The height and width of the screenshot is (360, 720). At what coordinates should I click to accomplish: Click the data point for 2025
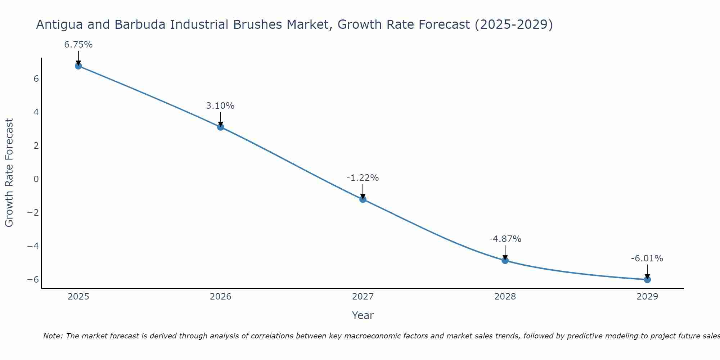tap(78, 66)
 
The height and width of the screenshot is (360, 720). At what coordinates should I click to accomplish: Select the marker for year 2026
tap(221, 127)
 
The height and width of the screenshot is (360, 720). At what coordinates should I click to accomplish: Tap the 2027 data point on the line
tap(363, 199)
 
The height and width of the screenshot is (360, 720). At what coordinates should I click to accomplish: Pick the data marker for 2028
tap(505, 260)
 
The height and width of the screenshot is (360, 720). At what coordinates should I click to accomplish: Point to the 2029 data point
tap(647, 279)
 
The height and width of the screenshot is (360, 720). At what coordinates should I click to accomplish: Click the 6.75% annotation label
tap(78, 45)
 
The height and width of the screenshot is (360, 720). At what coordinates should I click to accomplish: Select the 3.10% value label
tap(220, 106)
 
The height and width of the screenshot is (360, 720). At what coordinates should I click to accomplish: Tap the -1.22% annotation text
tap(363, 178)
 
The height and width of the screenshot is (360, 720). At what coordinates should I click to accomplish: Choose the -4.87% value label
tap(505, 239)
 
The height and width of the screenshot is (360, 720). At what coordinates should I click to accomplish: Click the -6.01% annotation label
tap(647, 258)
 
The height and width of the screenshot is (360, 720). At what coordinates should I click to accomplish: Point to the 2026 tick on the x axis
tap(221, 297)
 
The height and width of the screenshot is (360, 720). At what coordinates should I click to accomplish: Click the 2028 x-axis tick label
tap(505, 297)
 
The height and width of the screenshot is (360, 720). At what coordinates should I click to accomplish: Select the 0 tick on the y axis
tap(36, 179)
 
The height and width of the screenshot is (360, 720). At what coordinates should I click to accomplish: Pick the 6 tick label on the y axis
tap(36, 78)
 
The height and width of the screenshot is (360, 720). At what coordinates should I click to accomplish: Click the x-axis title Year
tap(363, 315)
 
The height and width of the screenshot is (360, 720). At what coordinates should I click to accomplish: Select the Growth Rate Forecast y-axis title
tap(9, 172)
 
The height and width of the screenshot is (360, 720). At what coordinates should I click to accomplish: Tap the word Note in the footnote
tap(53, 336)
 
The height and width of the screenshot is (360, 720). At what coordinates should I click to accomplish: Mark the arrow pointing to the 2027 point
tap(363, 192)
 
